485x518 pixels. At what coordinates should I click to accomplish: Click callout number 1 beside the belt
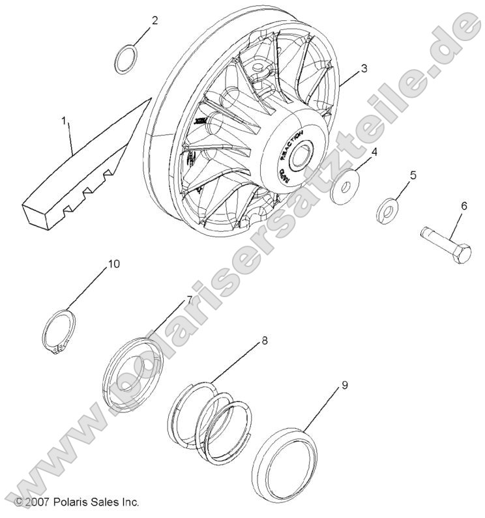coord(65,121)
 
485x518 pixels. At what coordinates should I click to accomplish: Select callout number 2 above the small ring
coord(154,20)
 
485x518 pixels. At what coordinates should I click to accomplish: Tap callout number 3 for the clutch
coord(364,68)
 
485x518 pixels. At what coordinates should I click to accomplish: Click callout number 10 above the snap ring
coord(114,264)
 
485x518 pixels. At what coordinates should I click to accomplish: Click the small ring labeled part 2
coord(125,61)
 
